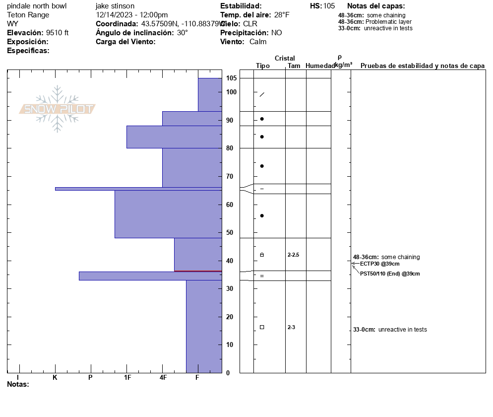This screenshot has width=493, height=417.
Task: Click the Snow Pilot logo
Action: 58,109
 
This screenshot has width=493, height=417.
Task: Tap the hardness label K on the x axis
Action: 55,378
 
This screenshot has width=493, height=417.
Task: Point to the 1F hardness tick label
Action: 127,378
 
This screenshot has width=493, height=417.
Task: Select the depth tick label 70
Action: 230,177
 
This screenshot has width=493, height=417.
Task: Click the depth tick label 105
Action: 231,78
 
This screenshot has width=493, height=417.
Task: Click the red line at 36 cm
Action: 197,271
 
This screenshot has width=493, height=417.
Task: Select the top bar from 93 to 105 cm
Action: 210,94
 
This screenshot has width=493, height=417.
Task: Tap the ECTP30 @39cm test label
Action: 379,264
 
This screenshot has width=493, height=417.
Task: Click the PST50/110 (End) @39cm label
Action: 390,274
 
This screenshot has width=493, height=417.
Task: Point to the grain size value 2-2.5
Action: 293,255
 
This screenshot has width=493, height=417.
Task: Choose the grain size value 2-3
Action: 291,327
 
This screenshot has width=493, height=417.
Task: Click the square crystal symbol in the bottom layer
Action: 262,327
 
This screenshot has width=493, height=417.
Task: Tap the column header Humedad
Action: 320,66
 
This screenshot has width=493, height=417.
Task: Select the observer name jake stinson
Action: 115,6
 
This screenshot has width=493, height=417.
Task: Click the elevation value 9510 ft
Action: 58,33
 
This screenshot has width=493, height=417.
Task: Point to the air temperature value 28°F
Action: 281,15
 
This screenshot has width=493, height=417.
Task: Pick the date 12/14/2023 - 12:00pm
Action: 132,15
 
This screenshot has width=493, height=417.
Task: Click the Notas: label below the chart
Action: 18,384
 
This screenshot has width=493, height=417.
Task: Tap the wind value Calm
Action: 258,42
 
